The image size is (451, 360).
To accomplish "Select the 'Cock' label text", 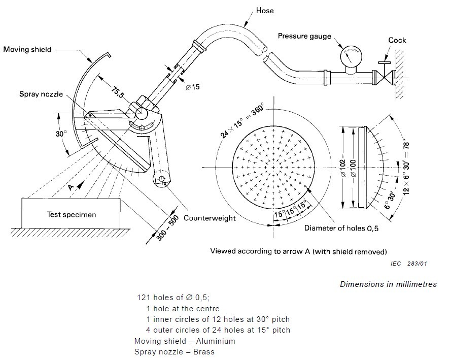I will point(397,40).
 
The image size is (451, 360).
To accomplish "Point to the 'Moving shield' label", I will point(27,50).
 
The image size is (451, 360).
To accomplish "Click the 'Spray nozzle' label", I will point(41,94).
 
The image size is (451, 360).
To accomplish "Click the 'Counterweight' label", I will point(209,218).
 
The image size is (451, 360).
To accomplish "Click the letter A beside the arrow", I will point(72,188).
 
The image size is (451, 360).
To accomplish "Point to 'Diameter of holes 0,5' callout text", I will point(341,228).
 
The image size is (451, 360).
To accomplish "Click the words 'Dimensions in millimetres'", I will point(388,284).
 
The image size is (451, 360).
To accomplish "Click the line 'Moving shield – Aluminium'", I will point(185,341).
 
